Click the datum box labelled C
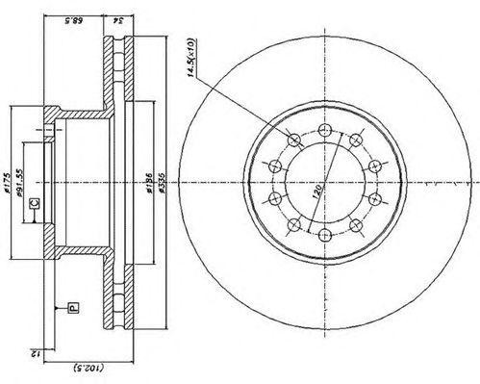pos(35,203)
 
